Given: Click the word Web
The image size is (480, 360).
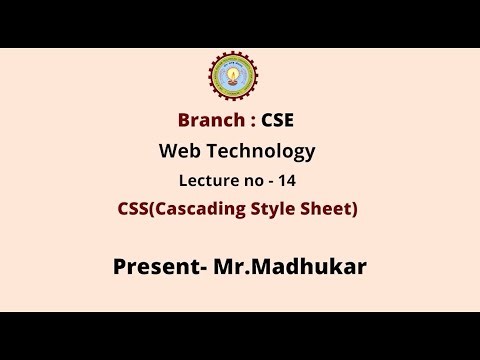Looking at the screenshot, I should coord(180,151).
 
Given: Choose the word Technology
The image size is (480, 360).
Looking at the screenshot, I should coord(262,152).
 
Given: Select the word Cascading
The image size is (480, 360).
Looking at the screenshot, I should coord(205,210).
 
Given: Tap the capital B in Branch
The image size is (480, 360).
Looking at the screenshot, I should coord(183,121).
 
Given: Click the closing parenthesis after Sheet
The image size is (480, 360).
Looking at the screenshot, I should coord(354,210).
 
